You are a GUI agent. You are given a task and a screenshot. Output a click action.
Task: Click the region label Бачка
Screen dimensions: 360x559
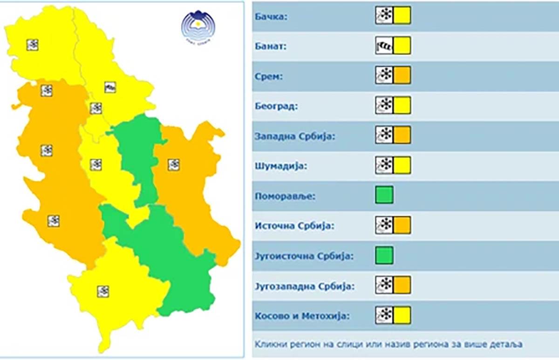271,17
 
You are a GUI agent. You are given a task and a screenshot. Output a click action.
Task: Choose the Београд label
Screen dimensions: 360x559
276,107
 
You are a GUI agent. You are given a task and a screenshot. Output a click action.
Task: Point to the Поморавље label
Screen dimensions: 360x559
285,196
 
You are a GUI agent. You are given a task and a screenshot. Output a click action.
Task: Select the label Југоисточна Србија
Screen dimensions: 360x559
304,256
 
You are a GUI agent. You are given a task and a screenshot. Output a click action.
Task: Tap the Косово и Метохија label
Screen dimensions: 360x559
302,316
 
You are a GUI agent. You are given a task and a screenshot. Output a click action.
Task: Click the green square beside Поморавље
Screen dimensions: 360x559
384,195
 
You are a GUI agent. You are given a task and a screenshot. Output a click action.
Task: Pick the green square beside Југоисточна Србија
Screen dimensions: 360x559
384,255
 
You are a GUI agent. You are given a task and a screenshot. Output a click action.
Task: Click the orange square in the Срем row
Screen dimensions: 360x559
402,75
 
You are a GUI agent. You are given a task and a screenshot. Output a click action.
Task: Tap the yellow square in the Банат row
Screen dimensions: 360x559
402,45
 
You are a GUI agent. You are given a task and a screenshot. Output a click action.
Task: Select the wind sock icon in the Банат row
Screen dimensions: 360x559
384,45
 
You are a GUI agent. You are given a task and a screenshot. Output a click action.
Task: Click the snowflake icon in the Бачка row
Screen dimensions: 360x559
384,15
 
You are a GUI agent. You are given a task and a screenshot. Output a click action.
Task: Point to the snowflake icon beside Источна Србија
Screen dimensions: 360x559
384,225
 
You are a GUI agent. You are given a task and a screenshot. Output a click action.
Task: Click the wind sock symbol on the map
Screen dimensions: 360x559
110,87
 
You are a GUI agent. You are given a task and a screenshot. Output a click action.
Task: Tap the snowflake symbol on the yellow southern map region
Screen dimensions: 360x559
103,292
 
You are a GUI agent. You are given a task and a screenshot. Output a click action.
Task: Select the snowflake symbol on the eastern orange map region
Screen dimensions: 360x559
174,164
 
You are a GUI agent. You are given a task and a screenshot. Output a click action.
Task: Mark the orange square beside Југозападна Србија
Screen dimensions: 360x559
402,285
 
